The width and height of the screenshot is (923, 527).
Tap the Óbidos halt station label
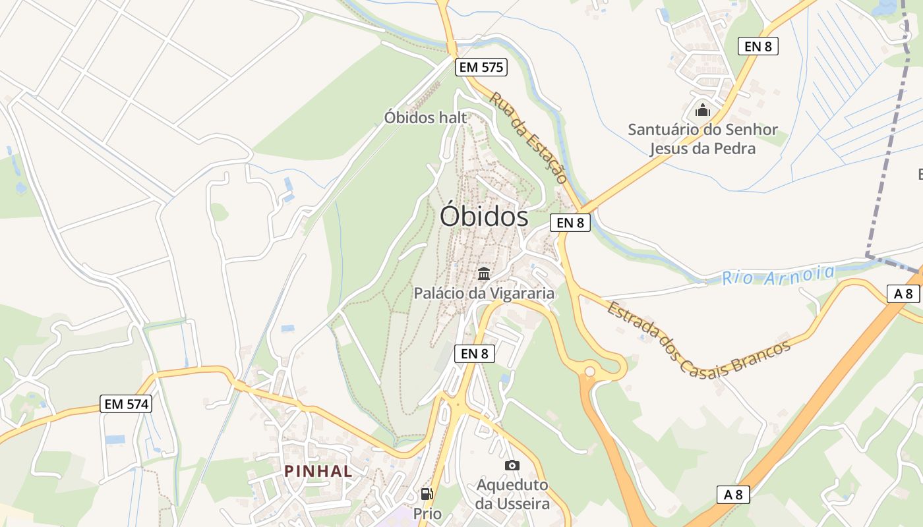click(425, 118)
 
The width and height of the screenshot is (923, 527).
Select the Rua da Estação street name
click(529, 137)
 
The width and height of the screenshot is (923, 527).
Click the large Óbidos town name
click(484, 216)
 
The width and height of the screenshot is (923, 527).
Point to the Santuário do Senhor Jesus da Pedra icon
click(702, 109)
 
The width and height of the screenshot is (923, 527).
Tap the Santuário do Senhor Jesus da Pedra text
click(703, 139)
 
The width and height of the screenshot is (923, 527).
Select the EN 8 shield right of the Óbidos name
click(570, 223)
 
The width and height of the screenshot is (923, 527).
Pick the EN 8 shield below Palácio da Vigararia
click(475, 354)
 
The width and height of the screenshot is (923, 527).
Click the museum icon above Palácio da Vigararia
click(484, 273)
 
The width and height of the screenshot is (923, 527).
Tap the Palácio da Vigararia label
click(484, 293)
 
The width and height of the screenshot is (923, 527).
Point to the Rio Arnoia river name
click(778, 275)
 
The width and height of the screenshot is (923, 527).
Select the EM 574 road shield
click(127, 404)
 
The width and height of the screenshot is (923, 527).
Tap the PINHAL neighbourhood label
click(318, 471)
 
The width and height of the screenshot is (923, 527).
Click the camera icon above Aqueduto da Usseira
click(512, 466)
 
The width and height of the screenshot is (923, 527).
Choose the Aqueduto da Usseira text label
click(512, 495)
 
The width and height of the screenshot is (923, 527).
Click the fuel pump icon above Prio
click(427, 494)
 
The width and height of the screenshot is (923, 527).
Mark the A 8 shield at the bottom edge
click(733, 495)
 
